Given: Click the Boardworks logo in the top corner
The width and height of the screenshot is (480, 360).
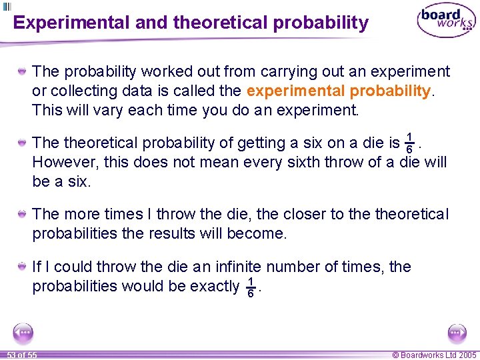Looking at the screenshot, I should tap(446, 21).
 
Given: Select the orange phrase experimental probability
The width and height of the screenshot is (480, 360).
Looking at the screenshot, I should tap(339, 90).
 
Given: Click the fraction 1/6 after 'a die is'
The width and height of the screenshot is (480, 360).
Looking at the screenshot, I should tap(410, 143).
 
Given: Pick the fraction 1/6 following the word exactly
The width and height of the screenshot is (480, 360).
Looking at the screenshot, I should tap(250, 287).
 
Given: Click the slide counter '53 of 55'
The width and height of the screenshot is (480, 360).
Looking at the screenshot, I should tap(22, 355).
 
